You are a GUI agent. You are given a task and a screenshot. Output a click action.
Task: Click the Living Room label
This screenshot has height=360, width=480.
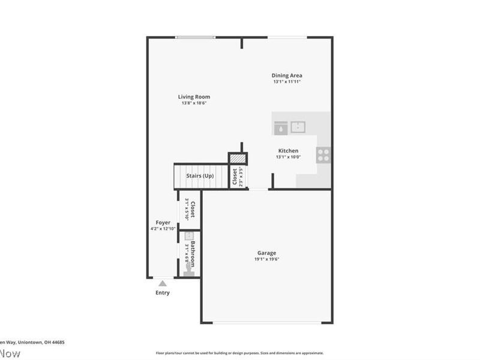pos(194,97)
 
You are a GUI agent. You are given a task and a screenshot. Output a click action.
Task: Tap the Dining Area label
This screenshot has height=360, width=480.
pos(287,76)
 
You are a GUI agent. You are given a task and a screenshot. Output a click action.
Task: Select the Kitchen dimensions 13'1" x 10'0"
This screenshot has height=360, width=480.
pos(288,157)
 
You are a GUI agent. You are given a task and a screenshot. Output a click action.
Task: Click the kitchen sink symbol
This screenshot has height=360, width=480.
pos(298,127)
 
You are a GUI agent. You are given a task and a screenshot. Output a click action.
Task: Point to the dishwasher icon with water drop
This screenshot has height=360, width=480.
pos(280,127)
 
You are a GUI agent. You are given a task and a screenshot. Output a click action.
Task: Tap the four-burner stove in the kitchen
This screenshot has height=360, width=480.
pos(323,155)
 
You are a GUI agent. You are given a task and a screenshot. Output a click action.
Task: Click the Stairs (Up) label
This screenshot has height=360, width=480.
pos(200,176)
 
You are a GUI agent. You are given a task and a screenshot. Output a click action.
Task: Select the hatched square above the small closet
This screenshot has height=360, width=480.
pos(238,158)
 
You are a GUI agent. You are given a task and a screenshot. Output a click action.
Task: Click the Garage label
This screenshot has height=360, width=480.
pos(267,253)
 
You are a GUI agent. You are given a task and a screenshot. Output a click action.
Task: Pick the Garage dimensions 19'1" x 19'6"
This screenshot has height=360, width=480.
pos(267,259)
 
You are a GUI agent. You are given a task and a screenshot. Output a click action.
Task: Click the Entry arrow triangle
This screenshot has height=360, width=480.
pos(162,283)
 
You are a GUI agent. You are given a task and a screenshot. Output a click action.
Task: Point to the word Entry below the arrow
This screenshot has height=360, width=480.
pos(162,293)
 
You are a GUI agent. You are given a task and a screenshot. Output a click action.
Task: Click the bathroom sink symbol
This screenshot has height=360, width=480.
pos(188,236)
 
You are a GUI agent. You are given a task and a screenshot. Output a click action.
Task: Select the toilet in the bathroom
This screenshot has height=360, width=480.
pos(188,269)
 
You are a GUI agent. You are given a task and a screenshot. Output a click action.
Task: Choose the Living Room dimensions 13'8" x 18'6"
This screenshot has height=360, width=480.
pos(194,103)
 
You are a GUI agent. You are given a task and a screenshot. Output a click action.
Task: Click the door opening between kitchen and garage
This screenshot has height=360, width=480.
pos(259,190)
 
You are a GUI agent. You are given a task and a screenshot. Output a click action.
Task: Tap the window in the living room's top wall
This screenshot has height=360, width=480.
pos(195,37)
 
